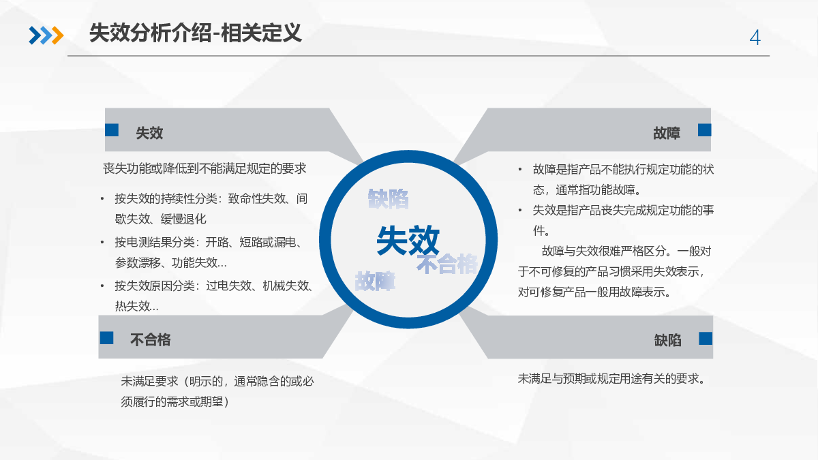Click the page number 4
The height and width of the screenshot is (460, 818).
(x=755, y=37)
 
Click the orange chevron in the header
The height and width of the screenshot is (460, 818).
(x=58, y=35)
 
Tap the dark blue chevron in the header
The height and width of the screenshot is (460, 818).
(x=35, y=35)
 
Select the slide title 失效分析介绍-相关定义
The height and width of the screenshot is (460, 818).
(x=196, y=33)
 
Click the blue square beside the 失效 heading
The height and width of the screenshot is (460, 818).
(x=112, y=130)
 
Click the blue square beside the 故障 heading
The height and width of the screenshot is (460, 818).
(x=704, y=130)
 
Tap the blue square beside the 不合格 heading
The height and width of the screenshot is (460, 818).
(x=106, y=338)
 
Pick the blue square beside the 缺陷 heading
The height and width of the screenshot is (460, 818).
(x=706, y=339)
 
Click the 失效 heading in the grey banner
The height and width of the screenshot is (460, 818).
(x=149, y=133)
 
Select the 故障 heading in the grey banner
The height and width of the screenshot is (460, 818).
(x=667, y=133)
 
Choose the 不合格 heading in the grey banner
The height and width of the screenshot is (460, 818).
(x=151, y=340)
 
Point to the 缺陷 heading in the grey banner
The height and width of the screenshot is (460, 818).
(x=667, y=340)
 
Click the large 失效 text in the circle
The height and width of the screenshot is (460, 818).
(x=408, y=240)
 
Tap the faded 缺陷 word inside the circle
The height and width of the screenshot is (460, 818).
(x=388, y=199)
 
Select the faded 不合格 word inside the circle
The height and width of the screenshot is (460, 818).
(x=447, y=264)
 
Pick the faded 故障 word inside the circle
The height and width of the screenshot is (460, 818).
(x=375, y=281)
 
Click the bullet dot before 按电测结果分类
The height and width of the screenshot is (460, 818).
(x=102, y=242)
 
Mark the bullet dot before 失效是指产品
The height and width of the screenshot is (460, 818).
(x=520, y=211)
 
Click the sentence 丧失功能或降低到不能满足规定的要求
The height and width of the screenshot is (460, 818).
(x=204, y=169)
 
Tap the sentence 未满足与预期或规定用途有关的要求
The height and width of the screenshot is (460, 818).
(x=611, y=379)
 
